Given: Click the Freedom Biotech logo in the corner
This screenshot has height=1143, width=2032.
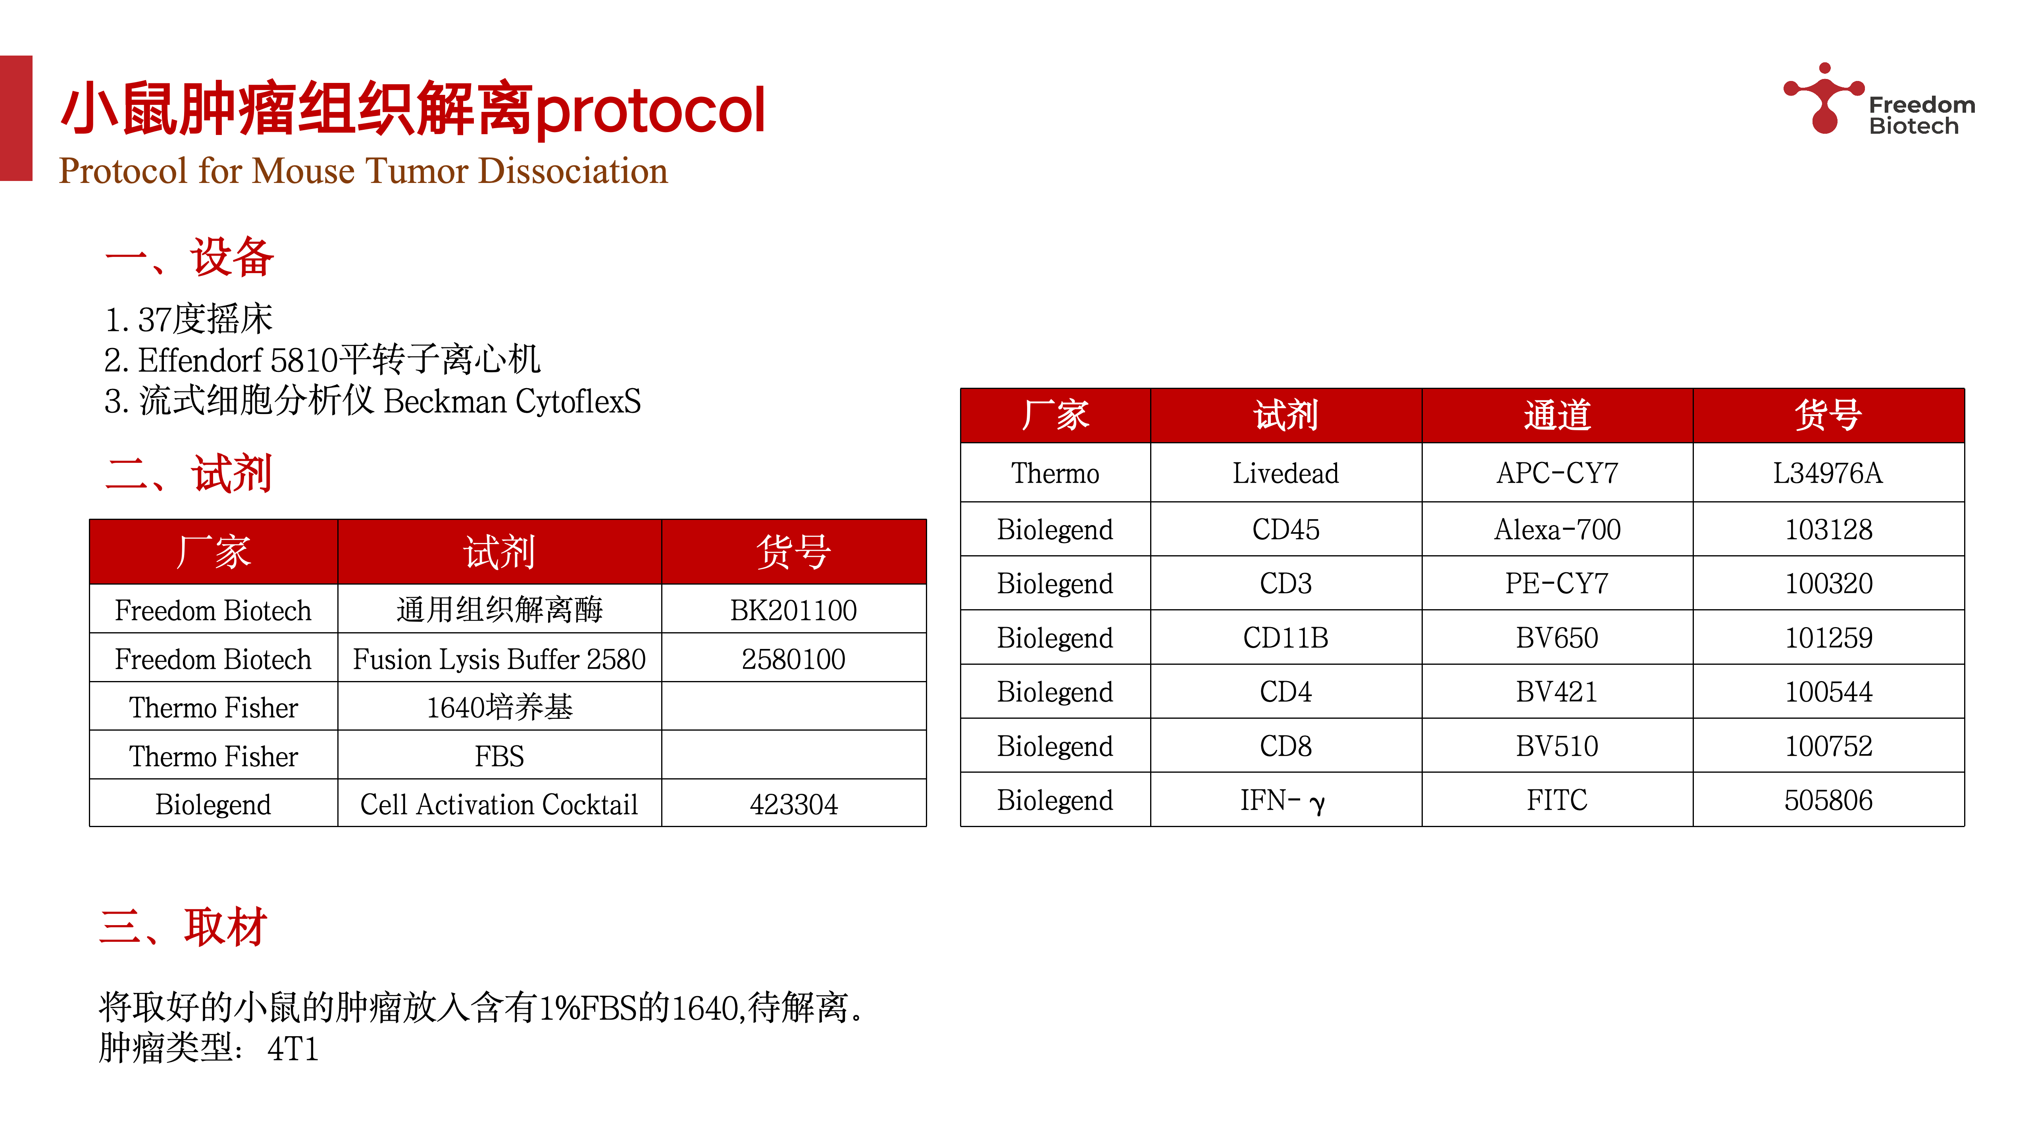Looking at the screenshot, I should click(x=1877, y=101).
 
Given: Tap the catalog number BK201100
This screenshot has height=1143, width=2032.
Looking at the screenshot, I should click(x=793, y=610).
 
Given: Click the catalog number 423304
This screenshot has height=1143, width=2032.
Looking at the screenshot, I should click(x=793, y=804).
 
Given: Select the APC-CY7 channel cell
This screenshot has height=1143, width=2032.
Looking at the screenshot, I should click(x=1556, y=473).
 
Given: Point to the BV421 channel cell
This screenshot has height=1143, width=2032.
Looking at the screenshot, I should click(x=1556, y=692).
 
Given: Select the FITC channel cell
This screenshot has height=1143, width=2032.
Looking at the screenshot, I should click(x=1556, y=800).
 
